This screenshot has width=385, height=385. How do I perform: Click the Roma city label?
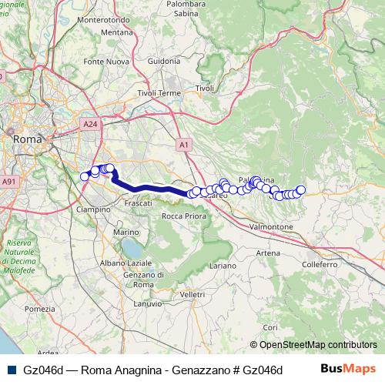tap(28, 139)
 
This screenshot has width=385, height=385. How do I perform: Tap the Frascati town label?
tap(136, 203)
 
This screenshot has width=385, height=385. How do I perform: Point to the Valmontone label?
tap(270, 228)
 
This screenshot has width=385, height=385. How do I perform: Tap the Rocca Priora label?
tap(182, 217)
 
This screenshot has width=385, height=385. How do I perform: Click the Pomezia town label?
tap(36, 308)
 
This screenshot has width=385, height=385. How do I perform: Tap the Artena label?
tap(268, 253)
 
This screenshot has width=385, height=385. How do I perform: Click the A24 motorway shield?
tap(89, 123)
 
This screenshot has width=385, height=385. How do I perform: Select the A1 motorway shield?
tap(183, 144)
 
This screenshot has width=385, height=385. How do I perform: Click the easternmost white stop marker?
tap(301, 190)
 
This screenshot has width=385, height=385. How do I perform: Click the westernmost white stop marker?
tap(85, 176)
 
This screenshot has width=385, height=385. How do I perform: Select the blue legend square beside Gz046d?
tap(10, 369)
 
